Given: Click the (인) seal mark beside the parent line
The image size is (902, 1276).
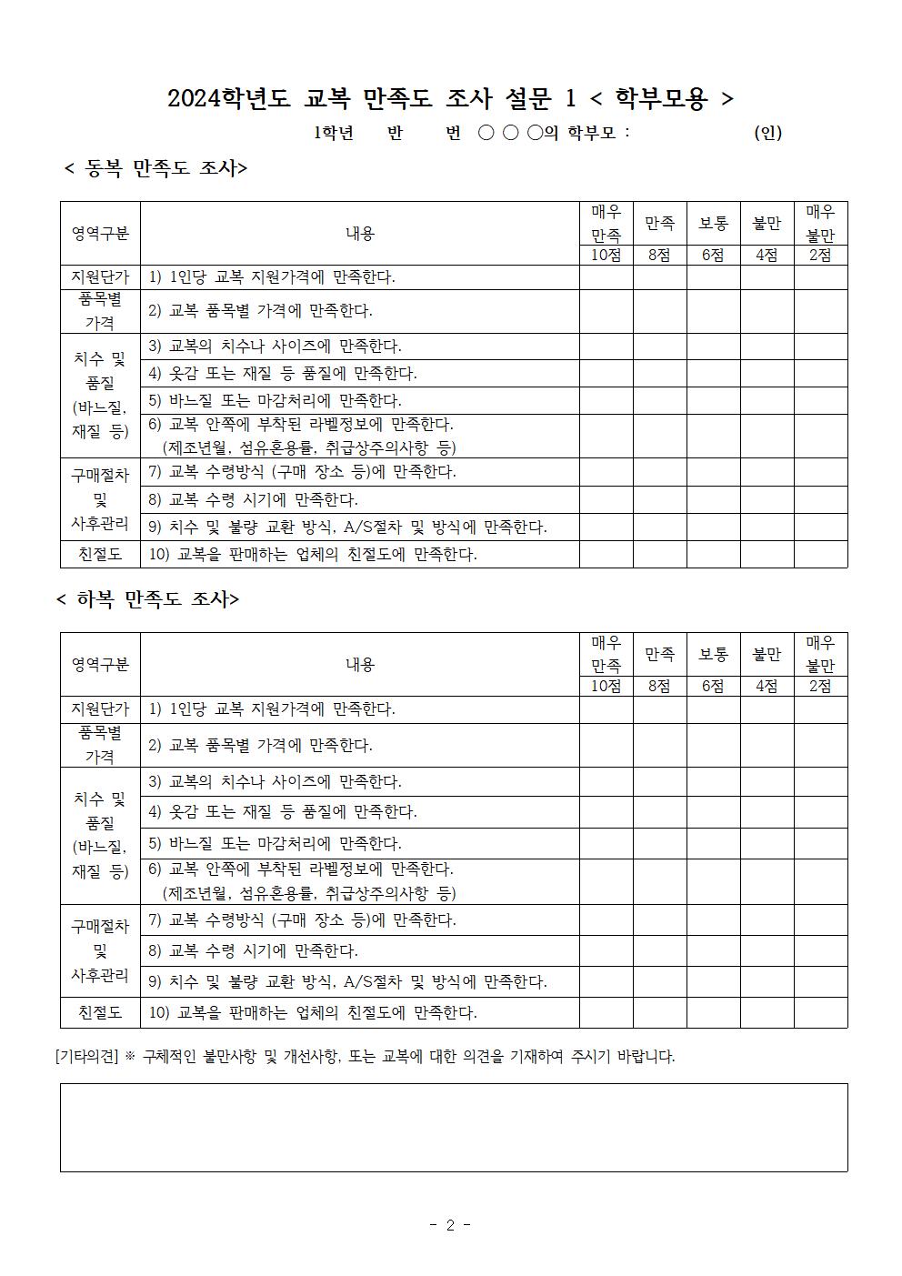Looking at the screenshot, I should pos(767,133).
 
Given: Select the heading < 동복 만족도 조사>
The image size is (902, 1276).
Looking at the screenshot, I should pos(156,168).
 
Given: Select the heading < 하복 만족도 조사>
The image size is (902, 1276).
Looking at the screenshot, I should pos(148,599).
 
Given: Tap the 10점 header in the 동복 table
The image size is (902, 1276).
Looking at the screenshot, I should pos(606,256).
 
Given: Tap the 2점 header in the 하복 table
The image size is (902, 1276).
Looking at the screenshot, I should pos(820,687).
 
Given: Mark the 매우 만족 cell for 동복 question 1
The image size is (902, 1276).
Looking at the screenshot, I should pos(606,277).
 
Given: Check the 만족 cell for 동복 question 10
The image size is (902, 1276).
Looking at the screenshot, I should pos(659,555).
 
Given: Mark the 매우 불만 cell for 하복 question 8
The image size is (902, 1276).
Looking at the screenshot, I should pos(820,951).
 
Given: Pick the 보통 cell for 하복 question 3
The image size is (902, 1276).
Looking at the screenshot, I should pos(713,782).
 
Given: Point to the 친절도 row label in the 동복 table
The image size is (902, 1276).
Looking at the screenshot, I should pos(100,555).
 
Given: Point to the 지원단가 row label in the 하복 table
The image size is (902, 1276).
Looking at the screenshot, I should pos(100,709).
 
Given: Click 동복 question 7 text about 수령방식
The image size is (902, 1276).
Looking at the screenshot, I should pos(302,472).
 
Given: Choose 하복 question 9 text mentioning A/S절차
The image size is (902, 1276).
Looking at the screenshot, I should pos(347,982).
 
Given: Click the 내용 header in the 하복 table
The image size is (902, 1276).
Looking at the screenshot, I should pos(359,665).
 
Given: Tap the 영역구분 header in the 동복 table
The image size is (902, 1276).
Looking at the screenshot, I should pos(100,234).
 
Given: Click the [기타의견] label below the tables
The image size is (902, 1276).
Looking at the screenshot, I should pos(87,1057).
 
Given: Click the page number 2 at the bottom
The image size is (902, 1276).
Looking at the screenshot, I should pos(450,1225).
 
